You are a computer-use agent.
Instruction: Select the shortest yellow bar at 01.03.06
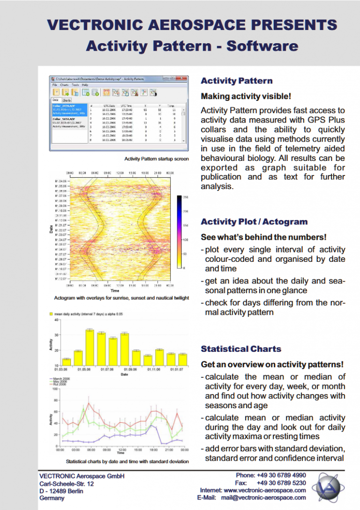tap(67, 362)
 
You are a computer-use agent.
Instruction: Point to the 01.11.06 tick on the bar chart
tap(159, 369)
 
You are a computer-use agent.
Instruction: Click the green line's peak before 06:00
tap(84, 409)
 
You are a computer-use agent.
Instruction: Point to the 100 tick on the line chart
tap(54, 389)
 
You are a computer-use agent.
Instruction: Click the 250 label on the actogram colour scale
tap(186, 197)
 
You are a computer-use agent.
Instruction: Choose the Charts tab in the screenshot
tap(67, 100)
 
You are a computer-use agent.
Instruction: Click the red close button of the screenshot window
tap(184, 79)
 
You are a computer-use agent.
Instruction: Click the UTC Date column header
tap(109, 106)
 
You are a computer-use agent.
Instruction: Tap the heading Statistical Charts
tap(241, 349)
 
